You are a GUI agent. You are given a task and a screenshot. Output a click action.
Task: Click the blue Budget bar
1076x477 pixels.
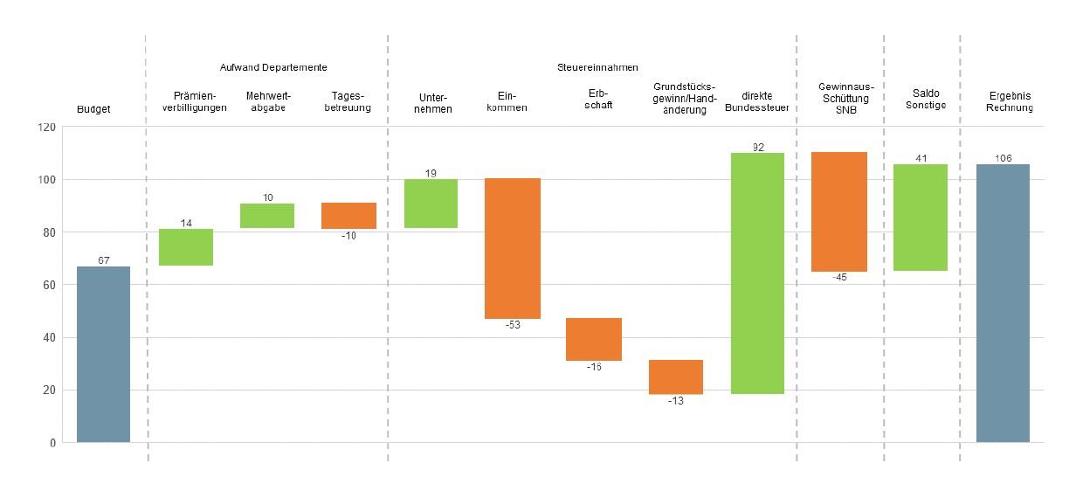[x=103, y=354]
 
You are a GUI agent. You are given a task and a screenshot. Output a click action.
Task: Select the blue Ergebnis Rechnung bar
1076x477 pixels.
[x=1003, y=303]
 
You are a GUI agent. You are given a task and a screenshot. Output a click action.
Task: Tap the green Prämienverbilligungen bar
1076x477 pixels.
[x=186, y=247]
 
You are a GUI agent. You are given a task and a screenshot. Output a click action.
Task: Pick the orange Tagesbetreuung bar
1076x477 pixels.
[x=348, y=216]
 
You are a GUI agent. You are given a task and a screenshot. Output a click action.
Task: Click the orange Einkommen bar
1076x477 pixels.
[x=513, y=248]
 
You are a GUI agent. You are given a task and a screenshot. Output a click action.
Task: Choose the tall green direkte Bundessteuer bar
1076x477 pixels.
[x=757, y=273]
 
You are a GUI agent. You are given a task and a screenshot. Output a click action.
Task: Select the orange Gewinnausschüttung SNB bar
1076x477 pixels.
[x=838, y=212]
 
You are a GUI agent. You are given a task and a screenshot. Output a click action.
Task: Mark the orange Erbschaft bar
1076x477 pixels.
[x=594, y=339]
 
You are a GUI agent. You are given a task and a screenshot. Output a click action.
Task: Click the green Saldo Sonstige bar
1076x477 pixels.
[x=921, y=218]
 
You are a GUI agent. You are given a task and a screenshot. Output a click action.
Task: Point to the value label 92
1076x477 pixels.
[x=758, y=147]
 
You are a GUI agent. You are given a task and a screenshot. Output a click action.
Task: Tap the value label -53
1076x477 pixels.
[x=513, y=326]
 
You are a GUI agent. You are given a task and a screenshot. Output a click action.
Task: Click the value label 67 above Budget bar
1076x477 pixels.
[x=103, y=260]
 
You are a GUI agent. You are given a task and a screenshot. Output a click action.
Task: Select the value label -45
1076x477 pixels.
[x=838, y=278]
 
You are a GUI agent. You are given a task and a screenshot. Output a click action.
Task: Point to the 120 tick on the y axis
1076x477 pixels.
[x=46, y=128]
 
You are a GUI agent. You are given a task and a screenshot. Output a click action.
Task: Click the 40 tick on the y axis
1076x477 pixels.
[x=50, y=337]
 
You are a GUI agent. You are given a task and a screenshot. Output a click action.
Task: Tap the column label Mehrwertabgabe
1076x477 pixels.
[x=267, y=102]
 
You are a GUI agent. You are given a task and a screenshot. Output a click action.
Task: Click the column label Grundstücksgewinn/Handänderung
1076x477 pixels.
[x=684, y=99]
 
